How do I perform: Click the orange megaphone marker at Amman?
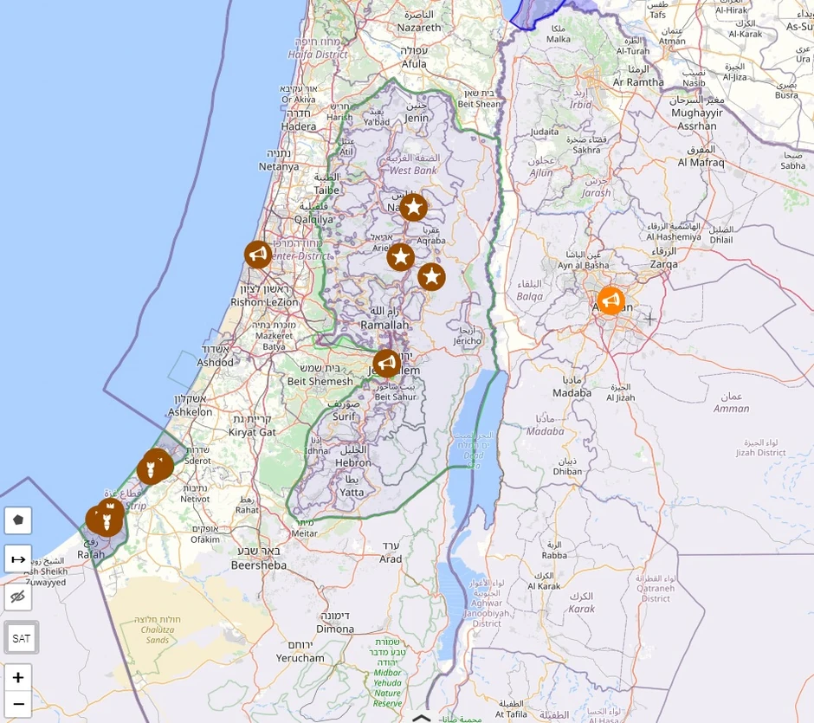pyautogui.click(x=610, y=300)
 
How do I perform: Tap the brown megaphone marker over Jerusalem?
pyautogui.click(x=386, y=363)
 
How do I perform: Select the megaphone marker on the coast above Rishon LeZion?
pyautogui.click(x=258, y=254)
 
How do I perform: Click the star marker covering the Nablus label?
pyautogui.click(x=413, y=207)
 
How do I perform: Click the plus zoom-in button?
pyautogui.click(x=17, y=677)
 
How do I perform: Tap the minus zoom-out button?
pyautogui.click(x=17, y=703)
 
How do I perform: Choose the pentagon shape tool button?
pyautogui.click(x=17, y=520)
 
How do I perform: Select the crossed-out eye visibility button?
pyautogui.click(x=17, y=597)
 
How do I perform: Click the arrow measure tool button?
pyautogui.click(x=17, y=558)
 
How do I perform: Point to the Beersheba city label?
pyautogui.click(x=259, y=565)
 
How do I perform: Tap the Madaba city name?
pyautogui.click(x=572, y=392)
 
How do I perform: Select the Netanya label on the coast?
pyautogui.click(x=278, y=166)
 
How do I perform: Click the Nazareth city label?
pyautogui.click(x=419, y=27)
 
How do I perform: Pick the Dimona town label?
pyautogui.click(x=335, y=629)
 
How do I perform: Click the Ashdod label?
pyautogui.click(x=215, y=362)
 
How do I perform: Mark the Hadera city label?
pyautogui.click(x=299, y=126)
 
